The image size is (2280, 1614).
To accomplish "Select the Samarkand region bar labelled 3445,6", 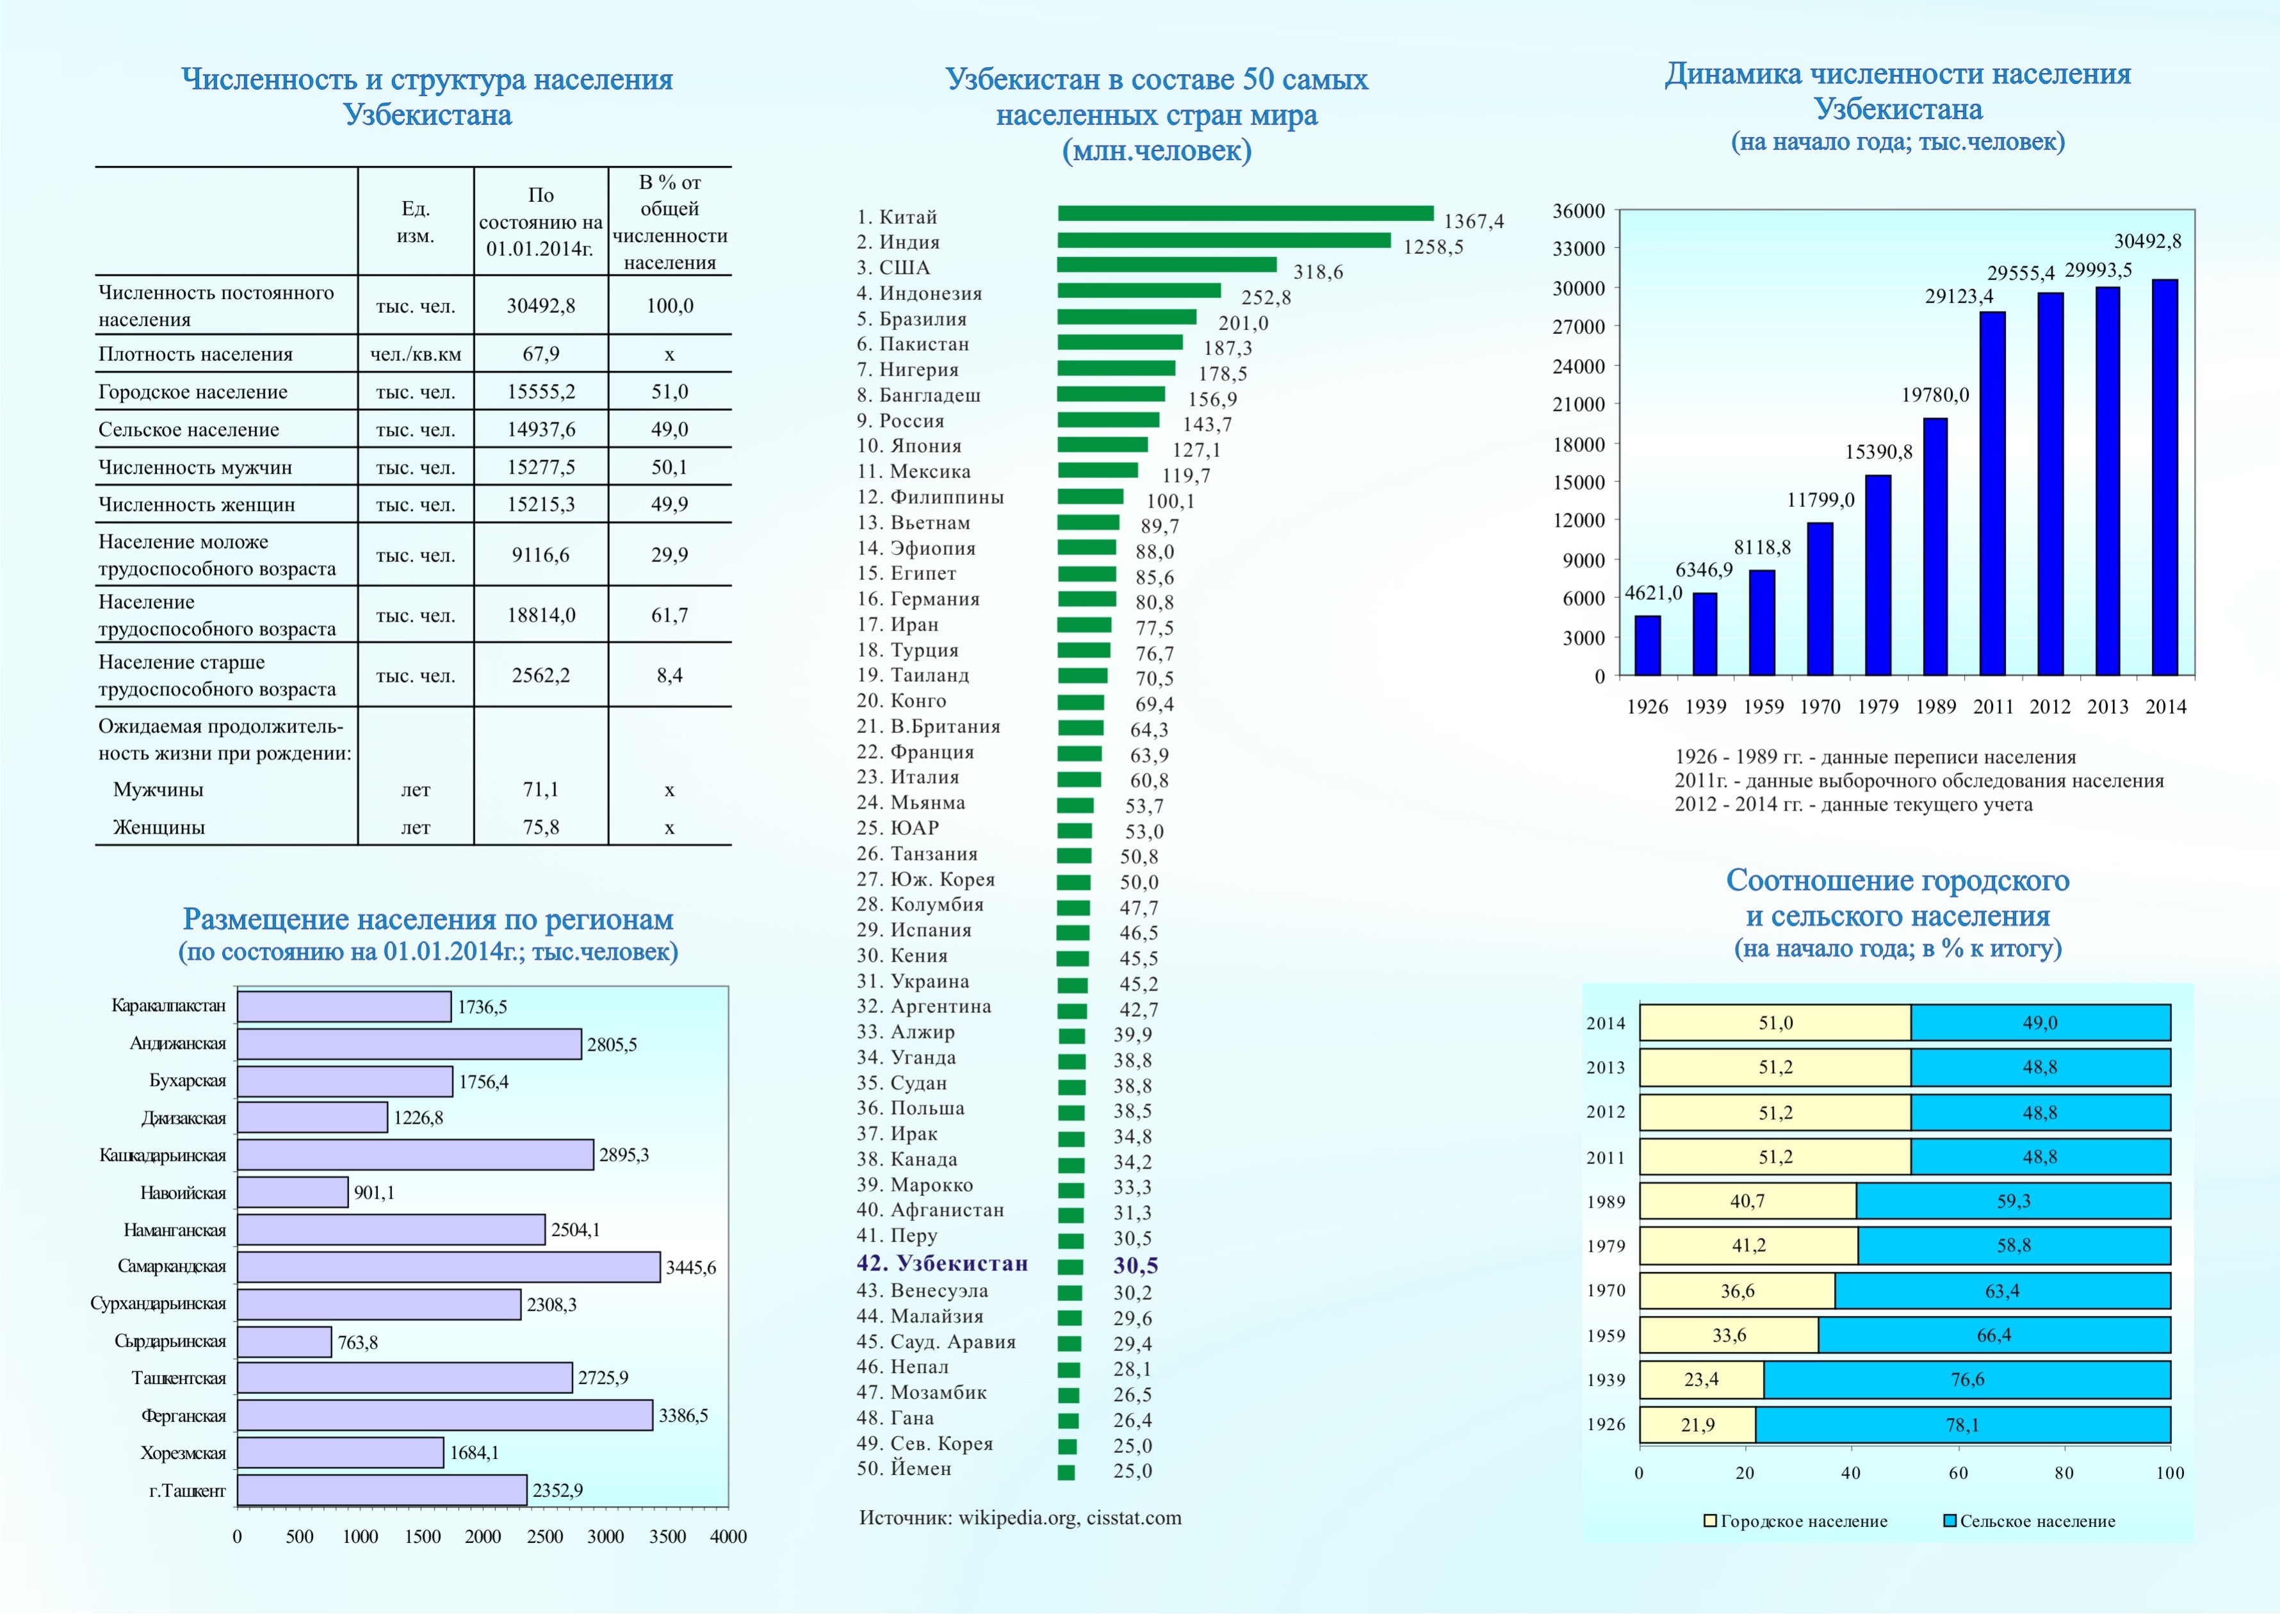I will point(448,1267).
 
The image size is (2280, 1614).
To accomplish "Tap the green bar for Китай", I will point(1245,213).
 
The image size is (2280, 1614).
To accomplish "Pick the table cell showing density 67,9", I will point(541,354).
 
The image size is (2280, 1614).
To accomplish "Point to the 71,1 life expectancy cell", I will point(541,790).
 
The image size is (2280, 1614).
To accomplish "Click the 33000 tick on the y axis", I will point(1579,249).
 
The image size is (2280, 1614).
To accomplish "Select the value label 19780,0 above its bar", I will point(1934,395).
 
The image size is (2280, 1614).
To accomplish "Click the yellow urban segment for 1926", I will point(1697,1425).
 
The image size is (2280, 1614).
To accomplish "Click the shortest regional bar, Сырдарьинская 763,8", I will point(284,1342).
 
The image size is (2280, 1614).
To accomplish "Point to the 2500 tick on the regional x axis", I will point(544,1536).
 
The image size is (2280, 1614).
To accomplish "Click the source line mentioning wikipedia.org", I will point(1020,1519).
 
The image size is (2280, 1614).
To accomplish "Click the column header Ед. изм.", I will point(415,222).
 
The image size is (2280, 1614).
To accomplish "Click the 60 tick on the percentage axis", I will point(1957,1474).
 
